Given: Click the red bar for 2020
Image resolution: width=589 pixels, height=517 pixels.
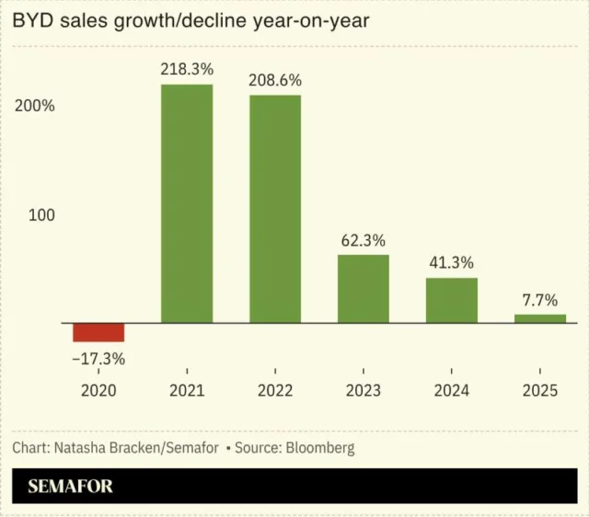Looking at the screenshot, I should point(98,332).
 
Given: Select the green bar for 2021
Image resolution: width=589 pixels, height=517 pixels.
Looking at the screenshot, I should point(187,203).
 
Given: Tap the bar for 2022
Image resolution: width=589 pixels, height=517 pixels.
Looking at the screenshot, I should point(275,209).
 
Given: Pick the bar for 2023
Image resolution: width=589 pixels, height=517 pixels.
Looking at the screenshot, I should point(364,289).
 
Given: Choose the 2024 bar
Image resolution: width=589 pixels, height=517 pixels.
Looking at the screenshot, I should point(452,300).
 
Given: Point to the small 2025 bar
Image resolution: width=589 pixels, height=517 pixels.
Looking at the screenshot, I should point(540,318).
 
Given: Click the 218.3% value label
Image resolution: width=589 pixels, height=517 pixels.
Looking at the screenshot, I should point(187,68).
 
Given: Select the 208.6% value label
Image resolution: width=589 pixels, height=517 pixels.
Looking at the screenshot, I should point(275,80).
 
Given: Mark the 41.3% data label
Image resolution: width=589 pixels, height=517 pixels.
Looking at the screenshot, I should point(452,262).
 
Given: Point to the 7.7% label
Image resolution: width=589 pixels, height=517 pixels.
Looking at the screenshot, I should point(540,299).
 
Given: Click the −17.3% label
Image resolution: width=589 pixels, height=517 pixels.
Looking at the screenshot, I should point(98,359).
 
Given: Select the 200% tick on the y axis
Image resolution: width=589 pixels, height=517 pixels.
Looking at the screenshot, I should point(36,106).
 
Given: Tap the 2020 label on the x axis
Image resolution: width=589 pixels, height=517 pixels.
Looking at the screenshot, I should point(98,391).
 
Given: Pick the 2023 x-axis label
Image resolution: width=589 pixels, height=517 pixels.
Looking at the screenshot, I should point(364,391).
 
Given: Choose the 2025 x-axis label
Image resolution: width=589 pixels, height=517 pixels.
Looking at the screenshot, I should point(540,391).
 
